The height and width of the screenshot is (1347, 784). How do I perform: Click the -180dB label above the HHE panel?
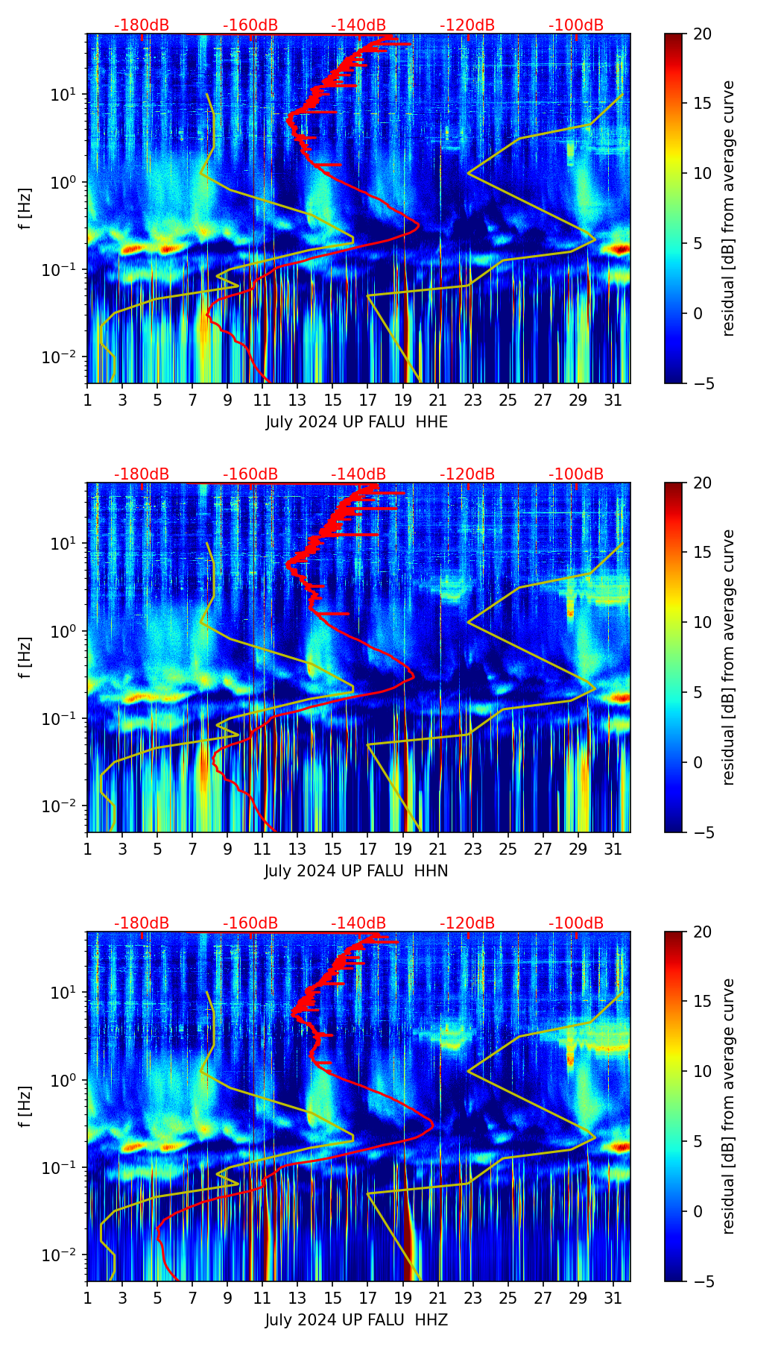[142, 25]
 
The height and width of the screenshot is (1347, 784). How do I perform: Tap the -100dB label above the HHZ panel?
[576, 923]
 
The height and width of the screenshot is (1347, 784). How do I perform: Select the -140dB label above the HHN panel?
[358, 474]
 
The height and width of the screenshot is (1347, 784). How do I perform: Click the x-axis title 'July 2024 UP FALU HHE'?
[357, 422]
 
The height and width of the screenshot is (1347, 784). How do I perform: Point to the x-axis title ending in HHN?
[356, 871]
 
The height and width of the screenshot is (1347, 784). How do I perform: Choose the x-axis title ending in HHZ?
[356, 1320]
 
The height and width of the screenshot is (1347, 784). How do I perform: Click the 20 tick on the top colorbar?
[702, 34]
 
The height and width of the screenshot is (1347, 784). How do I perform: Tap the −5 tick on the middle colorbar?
[701, 832]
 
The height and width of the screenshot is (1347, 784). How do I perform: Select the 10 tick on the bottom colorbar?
[702, 1071]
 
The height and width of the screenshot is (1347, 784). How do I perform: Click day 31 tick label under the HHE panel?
[613, 401]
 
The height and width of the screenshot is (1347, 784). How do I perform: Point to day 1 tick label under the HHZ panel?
[88, 1299]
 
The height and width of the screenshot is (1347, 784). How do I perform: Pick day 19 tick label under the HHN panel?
[402, 850]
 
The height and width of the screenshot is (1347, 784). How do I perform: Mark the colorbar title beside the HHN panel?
[729, 657]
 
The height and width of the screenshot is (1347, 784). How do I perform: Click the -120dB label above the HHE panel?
[467, 25]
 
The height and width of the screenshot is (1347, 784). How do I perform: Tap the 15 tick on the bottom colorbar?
[702, 1001]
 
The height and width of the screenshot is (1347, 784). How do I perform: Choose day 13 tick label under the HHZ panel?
[297, 1299]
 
